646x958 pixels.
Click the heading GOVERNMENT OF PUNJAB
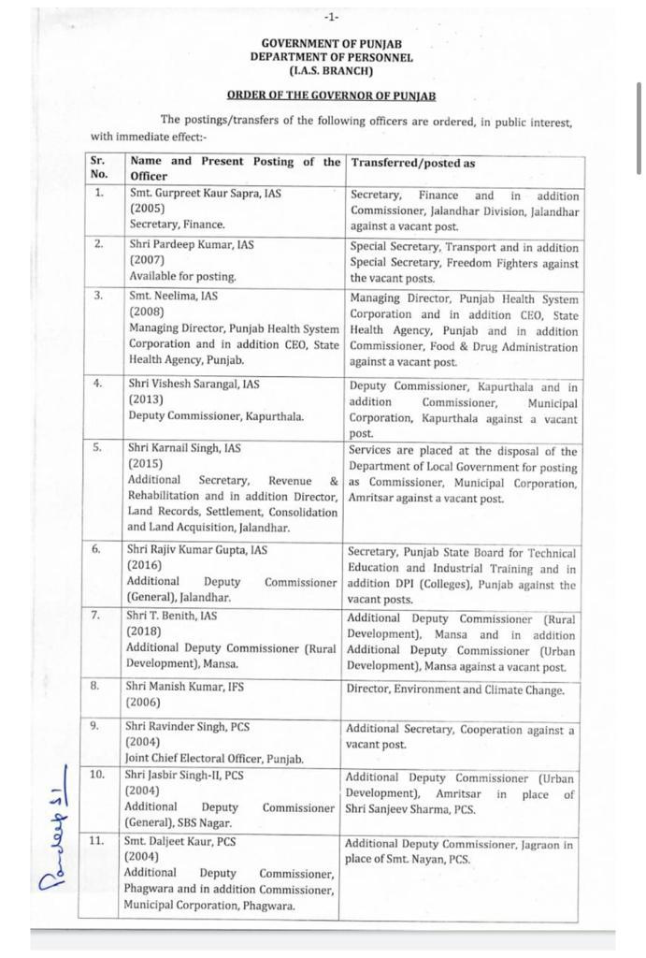[331, 43]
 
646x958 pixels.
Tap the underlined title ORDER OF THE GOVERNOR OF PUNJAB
[331, 95]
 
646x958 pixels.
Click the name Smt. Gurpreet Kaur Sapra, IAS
[206, 194]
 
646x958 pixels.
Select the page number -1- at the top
[331, 17]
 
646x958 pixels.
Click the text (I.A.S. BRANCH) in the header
[331, 70]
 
